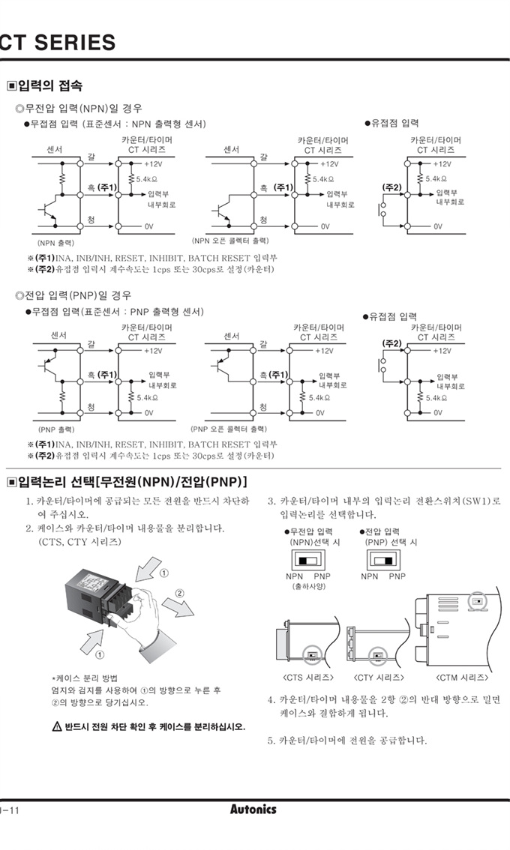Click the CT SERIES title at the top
(58, 43)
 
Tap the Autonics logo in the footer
(253, 810)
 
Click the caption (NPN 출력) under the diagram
(56, 243)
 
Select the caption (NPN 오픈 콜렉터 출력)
(230, 241)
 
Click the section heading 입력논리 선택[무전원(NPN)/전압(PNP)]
(127, 480)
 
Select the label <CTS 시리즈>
(308, 678)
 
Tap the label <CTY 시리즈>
(379, 678)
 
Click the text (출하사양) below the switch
(308, 587)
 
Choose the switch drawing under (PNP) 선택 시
(382, 560)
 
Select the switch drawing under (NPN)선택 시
(307, 560)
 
